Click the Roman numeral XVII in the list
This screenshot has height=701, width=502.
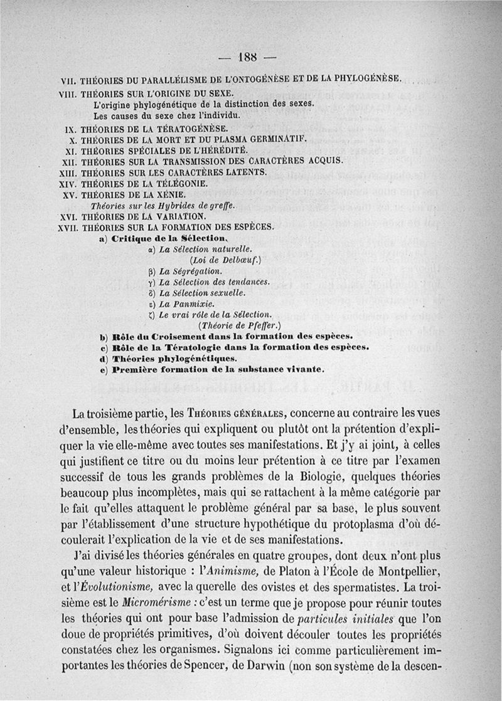tap(66, 228)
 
